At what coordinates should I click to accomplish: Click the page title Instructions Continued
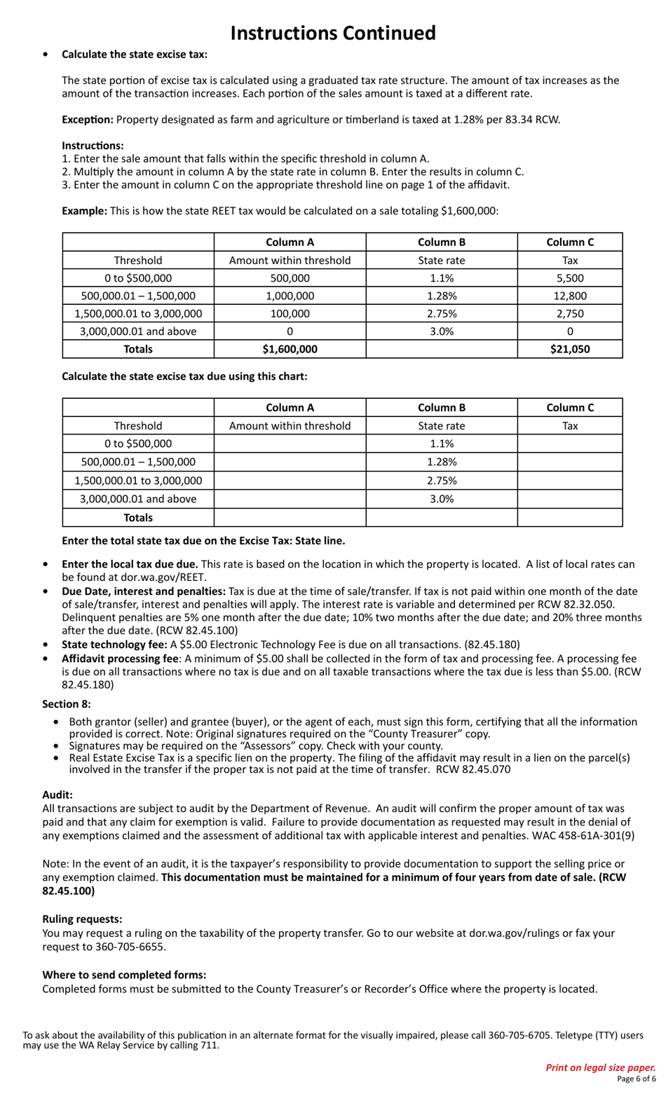[x=333, y=33]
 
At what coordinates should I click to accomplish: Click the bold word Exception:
[x=87, y=119]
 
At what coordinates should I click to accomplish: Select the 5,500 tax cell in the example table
[x=569, y=278]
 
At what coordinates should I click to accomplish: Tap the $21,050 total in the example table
[x=569, y=349]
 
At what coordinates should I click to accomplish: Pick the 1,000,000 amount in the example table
[x=290, y=296]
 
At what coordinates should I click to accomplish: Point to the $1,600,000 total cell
[x=290, y=349]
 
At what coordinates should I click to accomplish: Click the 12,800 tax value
[x=569, y=296]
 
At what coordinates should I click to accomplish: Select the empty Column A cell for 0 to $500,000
[x=290, y=444]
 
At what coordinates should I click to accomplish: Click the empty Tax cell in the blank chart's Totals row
[x=569, y=518]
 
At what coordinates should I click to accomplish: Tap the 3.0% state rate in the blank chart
[x=441, y=499]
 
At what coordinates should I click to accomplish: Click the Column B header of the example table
[x=441, y=242]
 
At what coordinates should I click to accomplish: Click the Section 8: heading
[x=67, y=704]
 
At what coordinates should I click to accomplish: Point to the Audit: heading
[x=57, y=795]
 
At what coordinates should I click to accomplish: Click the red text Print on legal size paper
[x=600, y=1067]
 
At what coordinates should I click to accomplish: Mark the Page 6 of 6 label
[x=636, y=1079]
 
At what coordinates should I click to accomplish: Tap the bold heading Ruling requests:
[x=82, y=919]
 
